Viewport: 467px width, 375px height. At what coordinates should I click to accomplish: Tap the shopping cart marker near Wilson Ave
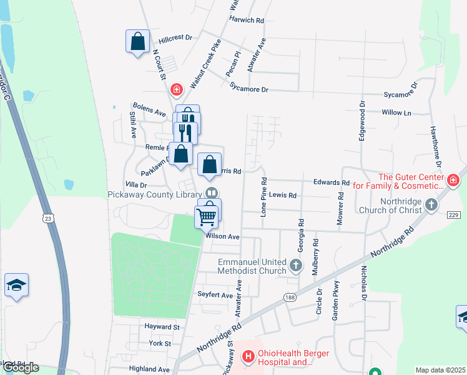(206, 217)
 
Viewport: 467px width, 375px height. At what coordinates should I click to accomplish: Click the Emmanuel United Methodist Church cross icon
(297, 267)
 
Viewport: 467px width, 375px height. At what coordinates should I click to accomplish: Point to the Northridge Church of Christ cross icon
(431, 205)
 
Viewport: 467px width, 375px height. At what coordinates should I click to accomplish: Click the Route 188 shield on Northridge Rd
(288, 297)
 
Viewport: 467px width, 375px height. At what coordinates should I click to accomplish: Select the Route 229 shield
(453, 214)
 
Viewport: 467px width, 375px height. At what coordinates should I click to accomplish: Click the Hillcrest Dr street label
(175, 38)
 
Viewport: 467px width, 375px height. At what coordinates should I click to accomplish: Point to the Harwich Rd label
(247, 20)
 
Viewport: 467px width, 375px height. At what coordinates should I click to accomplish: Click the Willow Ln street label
(398, 113)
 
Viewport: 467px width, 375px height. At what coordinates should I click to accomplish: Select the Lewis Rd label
(283, 196)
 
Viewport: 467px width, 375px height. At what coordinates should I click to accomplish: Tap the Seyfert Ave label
(215, 295)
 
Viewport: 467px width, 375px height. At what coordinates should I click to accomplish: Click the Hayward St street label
(162, 327)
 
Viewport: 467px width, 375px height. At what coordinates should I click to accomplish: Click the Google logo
(21, 367)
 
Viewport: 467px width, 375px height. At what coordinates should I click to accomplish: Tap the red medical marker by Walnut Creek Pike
(177, 90)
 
